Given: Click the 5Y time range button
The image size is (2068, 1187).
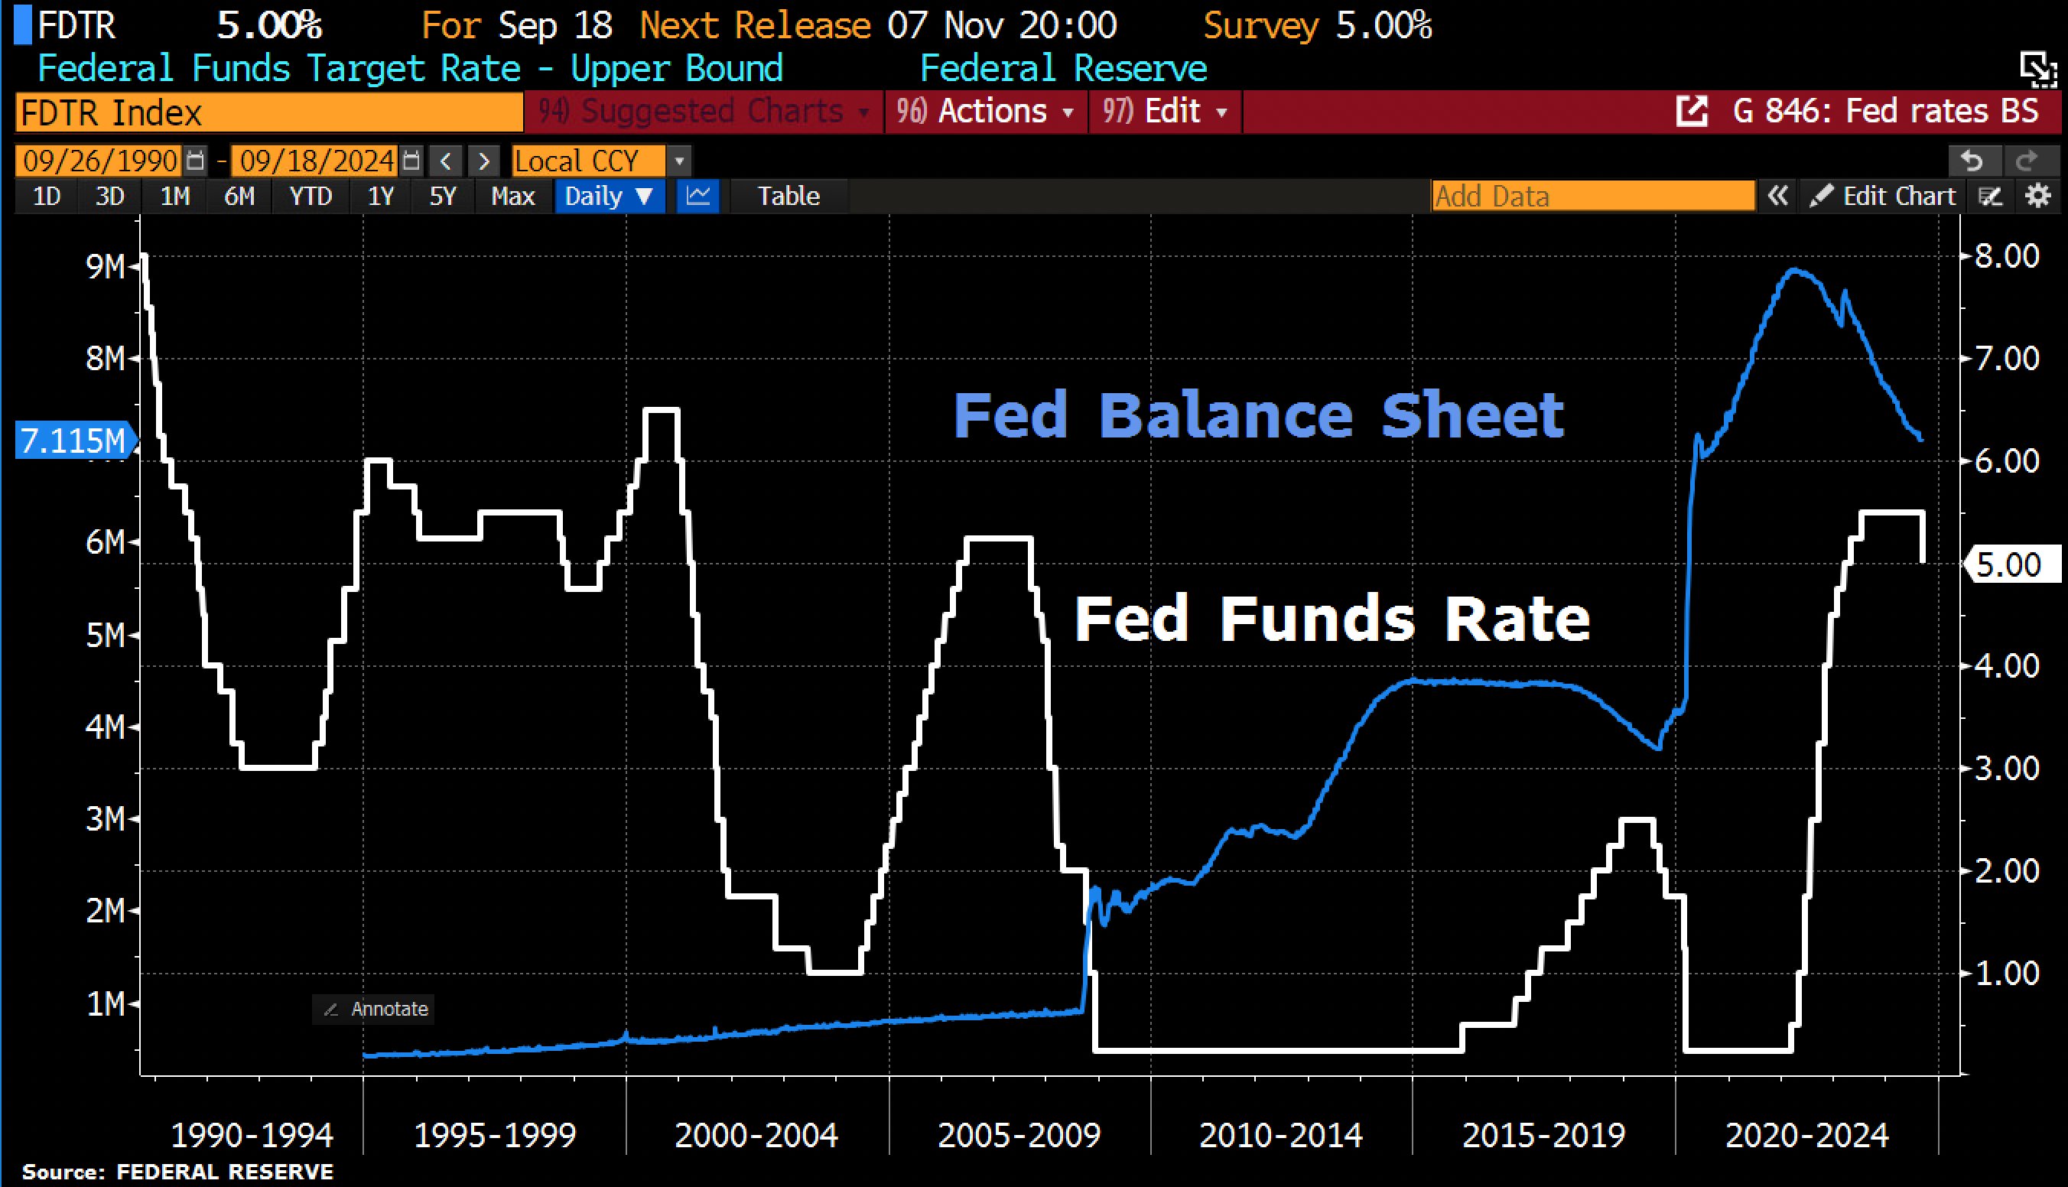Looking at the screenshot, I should coord(443,197).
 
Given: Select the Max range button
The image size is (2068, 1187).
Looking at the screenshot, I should coord(512,197).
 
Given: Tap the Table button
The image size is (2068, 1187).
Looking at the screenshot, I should coord(789,197).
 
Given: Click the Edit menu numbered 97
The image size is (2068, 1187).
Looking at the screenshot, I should coord(1165,112).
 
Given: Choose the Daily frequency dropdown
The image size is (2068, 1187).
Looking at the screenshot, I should coord(609,197).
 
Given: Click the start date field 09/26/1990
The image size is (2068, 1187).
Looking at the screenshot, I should coord(100,161).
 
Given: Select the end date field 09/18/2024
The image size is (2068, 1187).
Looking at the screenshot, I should coord(317,161).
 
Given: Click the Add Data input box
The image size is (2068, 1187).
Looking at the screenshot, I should coord(1592,197).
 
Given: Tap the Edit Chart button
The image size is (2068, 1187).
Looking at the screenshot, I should coord(1882,197).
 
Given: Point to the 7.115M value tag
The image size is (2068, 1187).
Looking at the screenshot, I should coord(73,441).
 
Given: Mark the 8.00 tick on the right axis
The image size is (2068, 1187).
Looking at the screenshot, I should coord(2007,256).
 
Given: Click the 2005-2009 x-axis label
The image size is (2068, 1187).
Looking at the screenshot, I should coord(1019,1135).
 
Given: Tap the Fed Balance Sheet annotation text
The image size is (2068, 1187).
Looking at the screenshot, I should coord(1258,415).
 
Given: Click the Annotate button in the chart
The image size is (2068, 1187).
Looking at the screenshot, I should coord(375,1009).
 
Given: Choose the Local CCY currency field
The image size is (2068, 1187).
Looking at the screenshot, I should coord(587,161).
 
